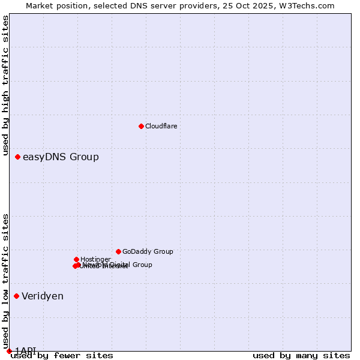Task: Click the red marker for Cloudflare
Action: click(141, 126)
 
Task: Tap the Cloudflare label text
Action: click(161, 126)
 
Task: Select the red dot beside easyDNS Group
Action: click(17, 157)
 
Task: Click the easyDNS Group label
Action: click(61, 157)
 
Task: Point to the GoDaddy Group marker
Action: click(118, 251)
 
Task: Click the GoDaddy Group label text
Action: click(148, 251)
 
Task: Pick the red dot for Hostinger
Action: click(76, 259)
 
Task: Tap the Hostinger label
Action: click(95, 259)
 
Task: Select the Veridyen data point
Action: click(16, 296)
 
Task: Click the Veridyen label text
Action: click(43, 296)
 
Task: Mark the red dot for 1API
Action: click(9, 351)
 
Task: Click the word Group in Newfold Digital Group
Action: click(142, 265)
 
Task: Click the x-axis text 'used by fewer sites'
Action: click(62, 356)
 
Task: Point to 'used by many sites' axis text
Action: click(301, 356)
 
